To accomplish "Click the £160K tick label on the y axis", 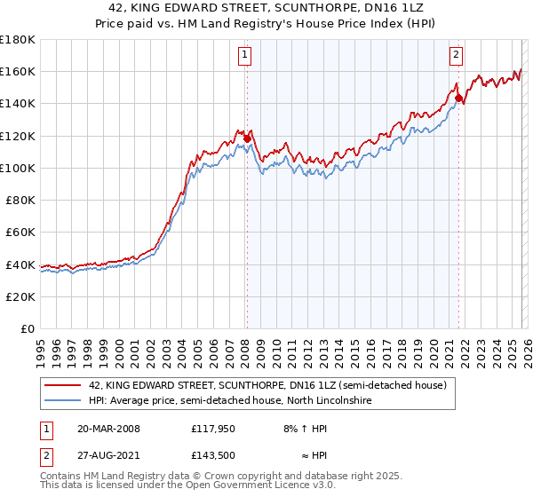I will pyautogui.click(x=18, y=71).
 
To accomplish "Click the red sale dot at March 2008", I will pyautogui.click(x=247, y=138).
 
